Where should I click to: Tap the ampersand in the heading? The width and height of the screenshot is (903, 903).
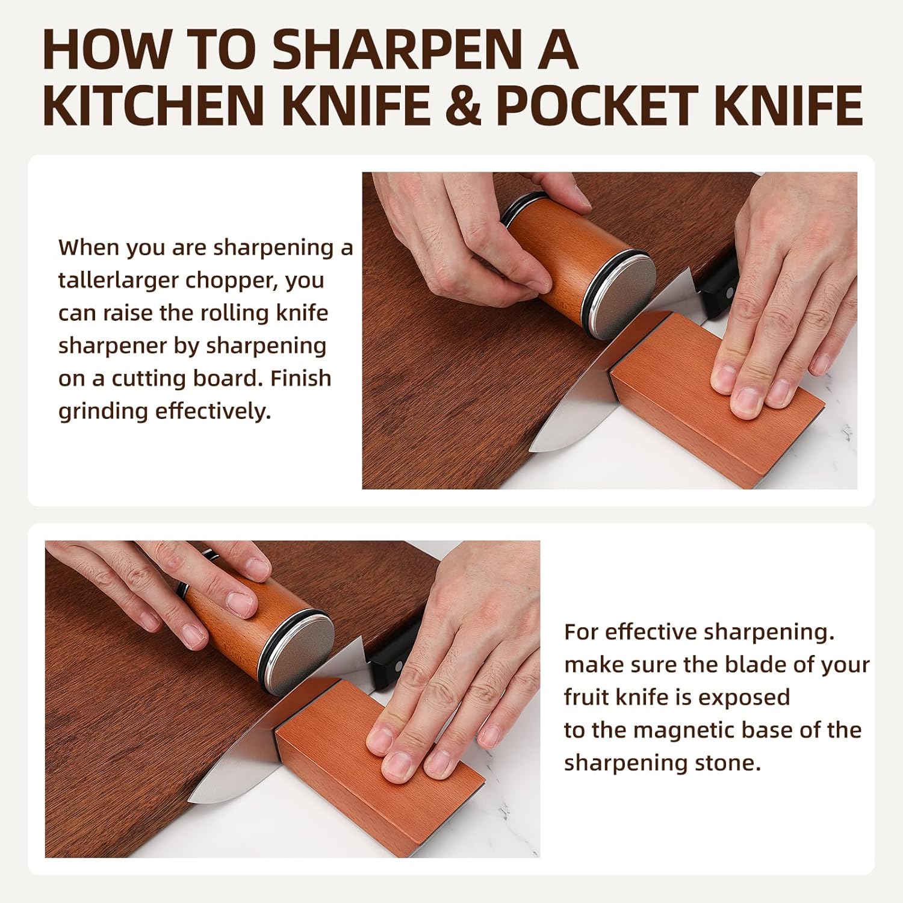pyautogui.click(x=464, y=105)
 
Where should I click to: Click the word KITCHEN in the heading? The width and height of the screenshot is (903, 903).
pyautogui.click(x=154, y=105)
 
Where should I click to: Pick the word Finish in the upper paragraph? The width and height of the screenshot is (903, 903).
pyautogui.click(x=300, y=379)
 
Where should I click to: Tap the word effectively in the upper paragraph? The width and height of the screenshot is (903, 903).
pyautogui.click(x=213, y=412)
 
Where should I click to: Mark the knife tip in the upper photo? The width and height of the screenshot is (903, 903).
pyautogui.click(x=533, y=448)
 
